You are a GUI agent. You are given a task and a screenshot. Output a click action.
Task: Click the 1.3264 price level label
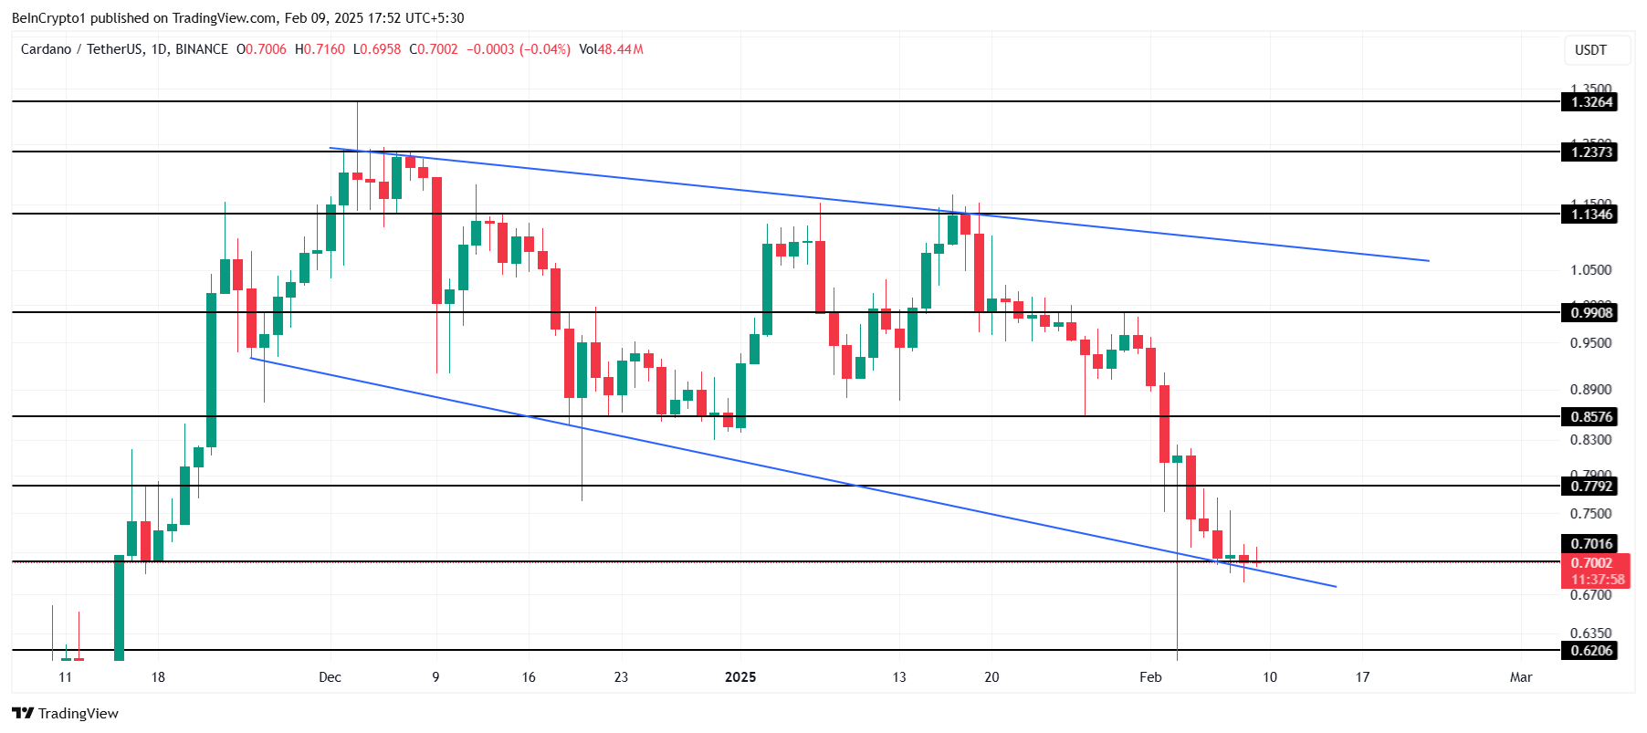coord(1590,102)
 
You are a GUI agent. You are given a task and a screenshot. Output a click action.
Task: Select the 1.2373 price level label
coord(1590,152)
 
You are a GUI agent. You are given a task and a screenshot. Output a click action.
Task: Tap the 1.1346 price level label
coord(1590,215)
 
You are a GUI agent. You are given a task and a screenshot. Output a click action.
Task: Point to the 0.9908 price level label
coord(1590,313)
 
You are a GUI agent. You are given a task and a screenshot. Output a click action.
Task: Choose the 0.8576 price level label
coord(1590,417)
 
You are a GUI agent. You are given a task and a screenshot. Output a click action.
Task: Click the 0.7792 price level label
coord(1590,487)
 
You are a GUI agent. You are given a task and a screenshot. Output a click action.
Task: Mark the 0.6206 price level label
coord(1590,651)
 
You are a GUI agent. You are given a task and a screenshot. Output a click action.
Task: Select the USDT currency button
coord(1590,50)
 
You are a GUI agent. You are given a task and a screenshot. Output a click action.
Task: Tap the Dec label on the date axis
coord(330,677)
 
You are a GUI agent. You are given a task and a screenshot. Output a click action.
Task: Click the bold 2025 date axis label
coord(740,677)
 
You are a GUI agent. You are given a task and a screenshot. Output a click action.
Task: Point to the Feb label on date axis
coord(1150,677)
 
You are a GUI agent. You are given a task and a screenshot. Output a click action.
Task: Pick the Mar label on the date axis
coord(1521,677)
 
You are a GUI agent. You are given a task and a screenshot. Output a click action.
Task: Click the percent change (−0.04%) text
coord(545,49)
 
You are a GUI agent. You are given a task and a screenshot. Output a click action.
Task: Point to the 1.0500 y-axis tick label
coord(1590,270)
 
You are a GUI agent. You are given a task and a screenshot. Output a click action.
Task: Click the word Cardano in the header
coord(46,49)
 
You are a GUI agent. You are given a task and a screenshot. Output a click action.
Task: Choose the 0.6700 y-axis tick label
coord(1590,595)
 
